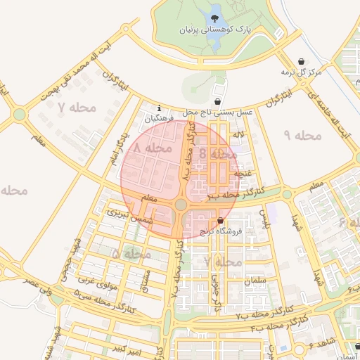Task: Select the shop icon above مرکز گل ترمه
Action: click(x=301, y=61)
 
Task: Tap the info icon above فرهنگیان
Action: click(x=160, y=108)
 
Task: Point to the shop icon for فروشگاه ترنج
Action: click(x=220, y=221)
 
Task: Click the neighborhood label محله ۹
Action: click(x=303, y=134)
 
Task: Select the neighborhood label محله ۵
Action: click(x=131, y=253)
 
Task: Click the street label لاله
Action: click(x=239, y=134)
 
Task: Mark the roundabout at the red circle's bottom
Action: click(x=181, y=205)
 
